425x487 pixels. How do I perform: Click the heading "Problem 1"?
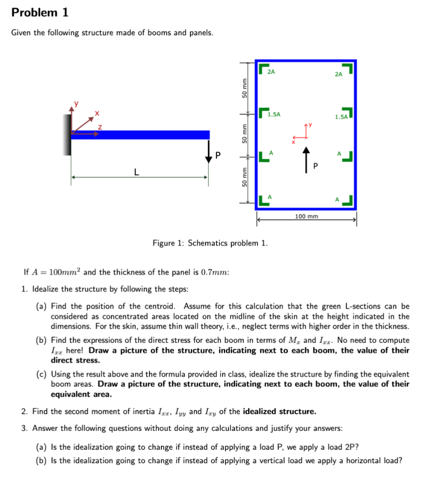coord(40,13)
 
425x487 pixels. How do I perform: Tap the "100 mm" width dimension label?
coord(306,216)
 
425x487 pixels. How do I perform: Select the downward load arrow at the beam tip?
coord(208,153)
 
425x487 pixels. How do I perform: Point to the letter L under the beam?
coord(137,172)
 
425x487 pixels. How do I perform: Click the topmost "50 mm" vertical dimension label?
coord(245,88)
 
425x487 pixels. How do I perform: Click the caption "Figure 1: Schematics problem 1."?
coord(210,243)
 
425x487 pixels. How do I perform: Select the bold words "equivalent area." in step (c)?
coord(81,394)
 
